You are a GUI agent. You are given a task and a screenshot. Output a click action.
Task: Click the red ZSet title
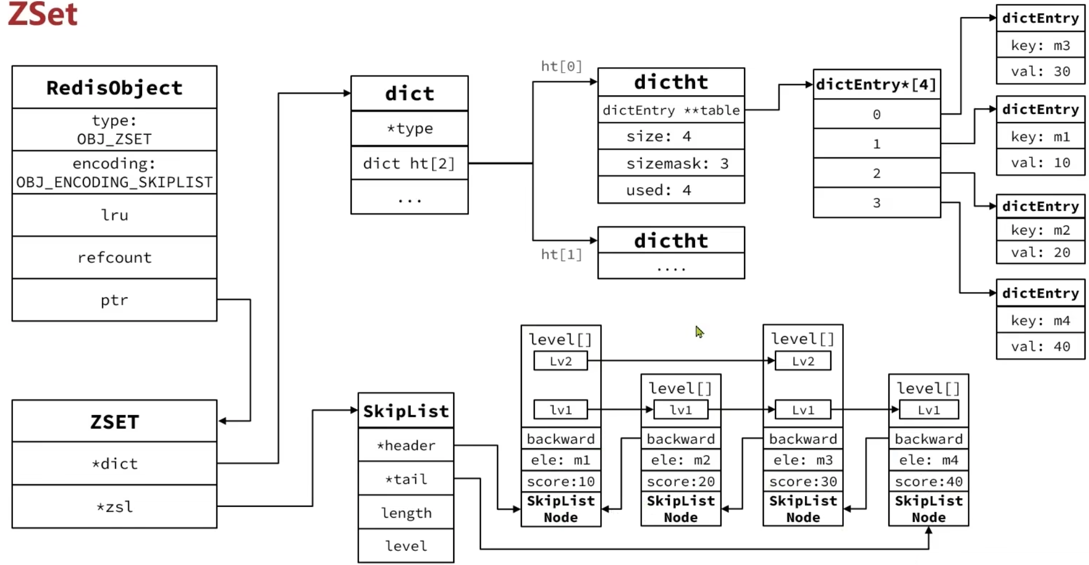click(x=43, y=15)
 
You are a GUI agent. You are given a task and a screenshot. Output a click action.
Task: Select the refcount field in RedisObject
click(x=114, y=258)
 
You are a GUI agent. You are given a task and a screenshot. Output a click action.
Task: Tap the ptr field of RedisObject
click(x=114, y=300)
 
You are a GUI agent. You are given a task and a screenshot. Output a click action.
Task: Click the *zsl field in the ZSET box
click(x=114, y=507)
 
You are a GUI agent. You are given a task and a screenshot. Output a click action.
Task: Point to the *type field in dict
click(x=410, y=129)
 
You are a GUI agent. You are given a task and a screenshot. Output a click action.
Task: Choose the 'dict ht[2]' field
click(x=409, y=164)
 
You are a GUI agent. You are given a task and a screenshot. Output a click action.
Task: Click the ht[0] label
click(x=561, y=67)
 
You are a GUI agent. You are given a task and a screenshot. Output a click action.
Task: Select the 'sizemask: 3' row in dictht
click(x=671, y=164)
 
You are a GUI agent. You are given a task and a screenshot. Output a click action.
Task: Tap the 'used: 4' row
click(x=671, y=190)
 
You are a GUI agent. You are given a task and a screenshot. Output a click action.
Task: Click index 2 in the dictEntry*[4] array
click(x=876, y=173)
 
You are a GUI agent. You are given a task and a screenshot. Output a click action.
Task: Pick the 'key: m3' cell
click(x=1040, y=46)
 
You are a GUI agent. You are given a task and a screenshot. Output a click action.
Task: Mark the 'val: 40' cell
click(x=1040, y=346)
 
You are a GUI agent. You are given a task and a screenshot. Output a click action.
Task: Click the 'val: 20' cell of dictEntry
click(x=1040, y=253)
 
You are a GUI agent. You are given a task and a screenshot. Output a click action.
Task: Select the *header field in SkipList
click(x=406, y=445)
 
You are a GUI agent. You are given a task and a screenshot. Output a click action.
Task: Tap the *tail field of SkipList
click(x=406, y=479)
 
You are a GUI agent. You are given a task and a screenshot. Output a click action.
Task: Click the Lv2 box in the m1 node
click(x=561, y=361)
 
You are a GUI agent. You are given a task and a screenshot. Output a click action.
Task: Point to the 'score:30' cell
click(x=803, y=482)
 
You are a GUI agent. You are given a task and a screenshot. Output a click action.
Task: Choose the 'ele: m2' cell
click(x=680, y=460)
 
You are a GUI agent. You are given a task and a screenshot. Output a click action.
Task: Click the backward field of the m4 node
click(x=928, y=439)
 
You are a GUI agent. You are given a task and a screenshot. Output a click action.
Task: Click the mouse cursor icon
click(x=700, y=332)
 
